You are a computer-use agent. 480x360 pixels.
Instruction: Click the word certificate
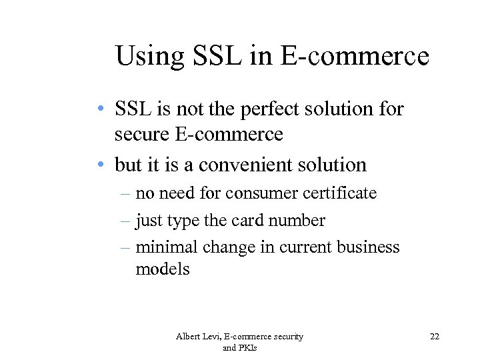pyautogui.click(x=339, y=193)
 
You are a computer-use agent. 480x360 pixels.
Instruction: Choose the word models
pyautogui.click(x=163, y=269)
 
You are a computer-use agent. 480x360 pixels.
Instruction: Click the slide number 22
pyautogui.click(x=435, y=337)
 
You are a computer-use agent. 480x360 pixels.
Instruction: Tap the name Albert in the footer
pyautogui.click(x=189, y=337)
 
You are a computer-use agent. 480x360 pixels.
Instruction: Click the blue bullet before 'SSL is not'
pyautogui.click(x=98, y=109)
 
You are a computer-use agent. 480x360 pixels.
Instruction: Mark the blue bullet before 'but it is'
pyautogui.click(x=98, y=165)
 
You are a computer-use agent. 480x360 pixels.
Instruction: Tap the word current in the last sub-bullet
pyautogui.click(x=306, y=247)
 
